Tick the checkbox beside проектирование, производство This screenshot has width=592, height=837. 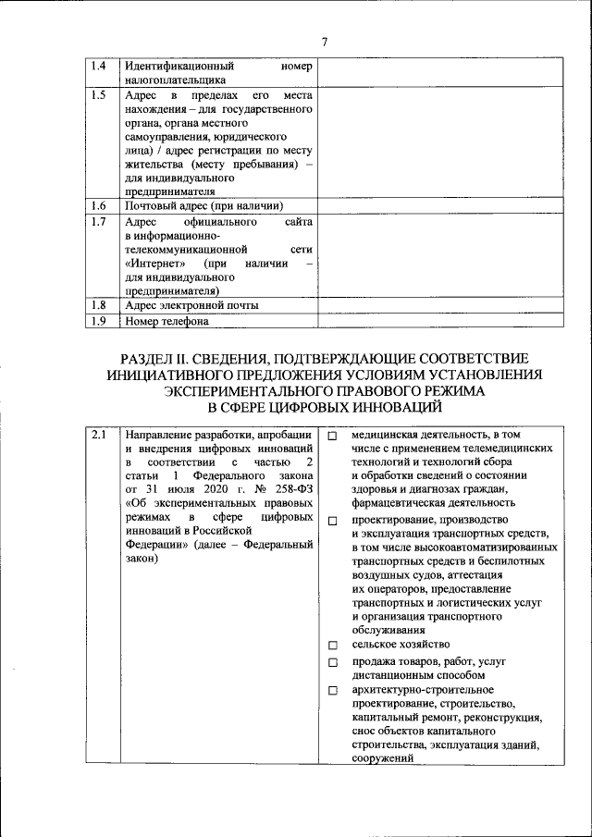332,521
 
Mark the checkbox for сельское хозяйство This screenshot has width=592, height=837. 332,645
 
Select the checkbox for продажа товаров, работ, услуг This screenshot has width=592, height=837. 332,663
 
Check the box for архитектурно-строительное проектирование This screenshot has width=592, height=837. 332,691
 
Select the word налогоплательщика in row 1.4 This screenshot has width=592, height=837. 175,80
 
